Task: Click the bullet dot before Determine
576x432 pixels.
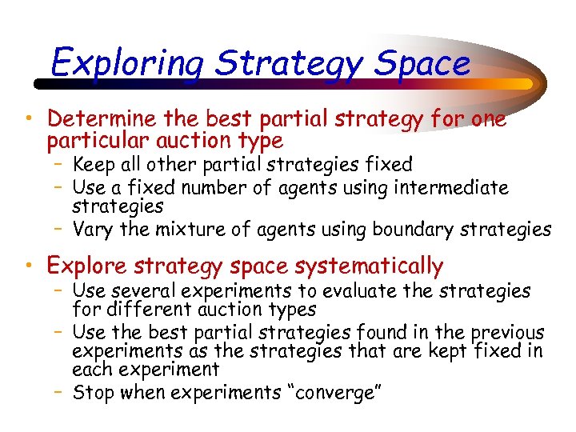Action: pyautogui.click(x=28, y=120)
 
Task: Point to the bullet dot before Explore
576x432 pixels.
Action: pyautogui.click(x=28, y=266)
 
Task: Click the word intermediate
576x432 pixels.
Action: pyautogui.click(x=449, y=188)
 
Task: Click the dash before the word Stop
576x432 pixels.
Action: pyautogui.click(x=62, y=393)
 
